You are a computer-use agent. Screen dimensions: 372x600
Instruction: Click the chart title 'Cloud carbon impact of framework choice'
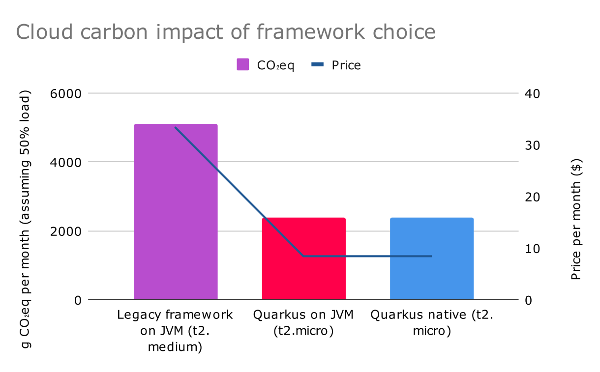(226, 32)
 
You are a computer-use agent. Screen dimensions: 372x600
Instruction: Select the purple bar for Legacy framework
(176, 211)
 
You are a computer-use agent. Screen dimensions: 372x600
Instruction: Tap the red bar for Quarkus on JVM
(303, 258)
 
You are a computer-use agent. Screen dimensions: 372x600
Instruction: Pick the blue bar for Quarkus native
(431, 258)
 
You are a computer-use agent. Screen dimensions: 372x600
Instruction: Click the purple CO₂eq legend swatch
(243, 65)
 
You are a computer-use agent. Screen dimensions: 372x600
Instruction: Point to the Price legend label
(346, 65)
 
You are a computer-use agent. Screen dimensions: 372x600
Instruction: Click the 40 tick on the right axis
(532, 93)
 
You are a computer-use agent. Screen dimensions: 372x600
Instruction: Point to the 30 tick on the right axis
(532, 145)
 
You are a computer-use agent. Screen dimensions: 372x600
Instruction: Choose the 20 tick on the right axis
(532, 197)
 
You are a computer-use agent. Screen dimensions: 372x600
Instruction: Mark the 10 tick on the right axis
(532, 248)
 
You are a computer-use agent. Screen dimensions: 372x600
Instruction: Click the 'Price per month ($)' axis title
(576, 219)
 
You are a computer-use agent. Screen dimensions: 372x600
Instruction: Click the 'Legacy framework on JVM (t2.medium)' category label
(175, 331)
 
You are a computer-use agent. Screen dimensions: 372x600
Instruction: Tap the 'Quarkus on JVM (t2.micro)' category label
(303, 323)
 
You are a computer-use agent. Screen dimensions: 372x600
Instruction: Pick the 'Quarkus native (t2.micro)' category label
(431, 323)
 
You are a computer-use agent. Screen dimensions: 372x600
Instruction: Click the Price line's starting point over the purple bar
(176, 127)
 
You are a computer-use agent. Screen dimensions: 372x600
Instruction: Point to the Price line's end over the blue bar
(431, 256)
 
